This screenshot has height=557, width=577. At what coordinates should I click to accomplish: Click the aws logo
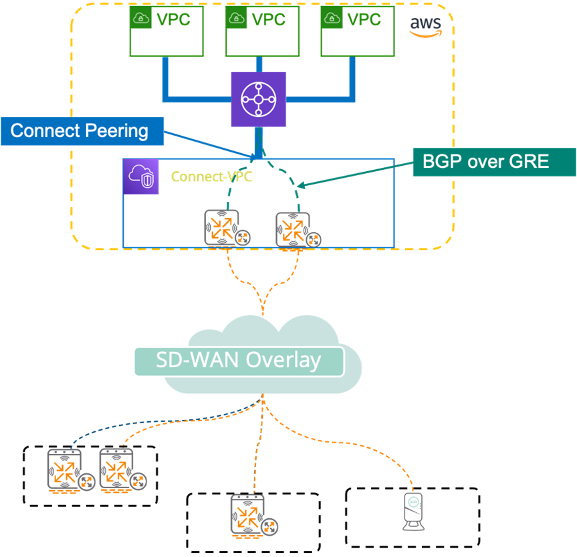coord(425,25)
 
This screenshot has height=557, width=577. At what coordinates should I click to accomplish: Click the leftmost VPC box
coord(166,32)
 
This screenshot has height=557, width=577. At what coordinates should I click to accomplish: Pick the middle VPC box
coord(261,32)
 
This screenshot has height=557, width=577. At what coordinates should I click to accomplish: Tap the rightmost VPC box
coord(357,32)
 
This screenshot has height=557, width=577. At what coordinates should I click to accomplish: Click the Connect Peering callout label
coord(81,130)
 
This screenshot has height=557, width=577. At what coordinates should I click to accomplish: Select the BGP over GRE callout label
coord(493,161)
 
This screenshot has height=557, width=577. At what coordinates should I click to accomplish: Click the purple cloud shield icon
coord(141,177)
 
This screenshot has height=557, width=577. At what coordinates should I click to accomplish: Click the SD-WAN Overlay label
coord(239,360)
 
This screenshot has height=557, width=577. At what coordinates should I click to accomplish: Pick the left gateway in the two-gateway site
coord(65,470)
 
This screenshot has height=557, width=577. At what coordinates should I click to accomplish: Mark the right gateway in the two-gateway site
coord(117,470)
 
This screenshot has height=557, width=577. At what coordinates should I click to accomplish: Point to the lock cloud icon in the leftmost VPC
coord(142,20)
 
